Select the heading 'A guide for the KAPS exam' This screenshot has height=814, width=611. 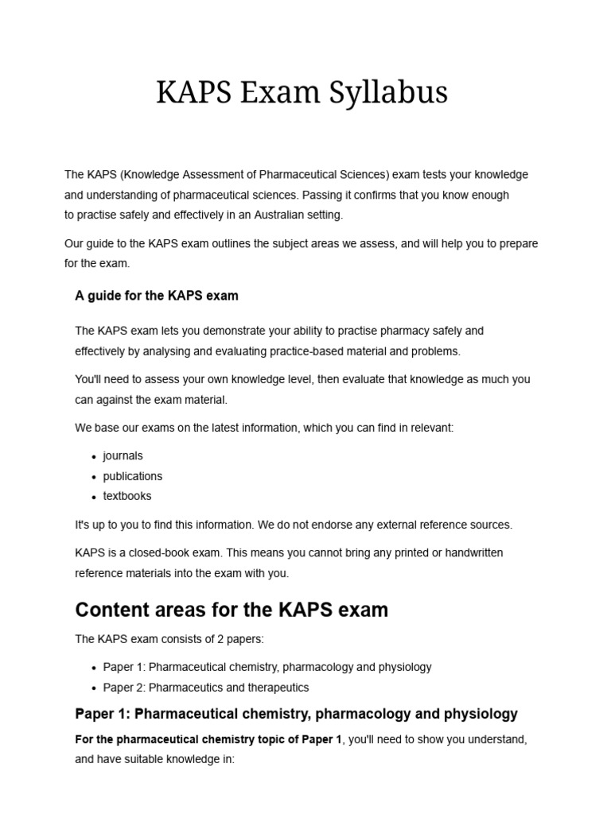tap(157, 296)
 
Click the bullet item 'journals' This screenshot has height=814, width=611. tap(123, 455)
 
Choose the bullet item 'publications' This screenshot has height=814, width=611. tap(132, 476)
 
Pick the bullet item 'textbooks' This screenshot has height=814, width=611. tap(126, 496)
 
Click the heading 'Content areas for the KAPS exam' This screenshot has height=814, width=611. tap(232, 610)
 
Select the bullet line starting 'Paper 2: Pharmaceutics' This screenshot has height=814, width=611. tap(206, 687)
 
